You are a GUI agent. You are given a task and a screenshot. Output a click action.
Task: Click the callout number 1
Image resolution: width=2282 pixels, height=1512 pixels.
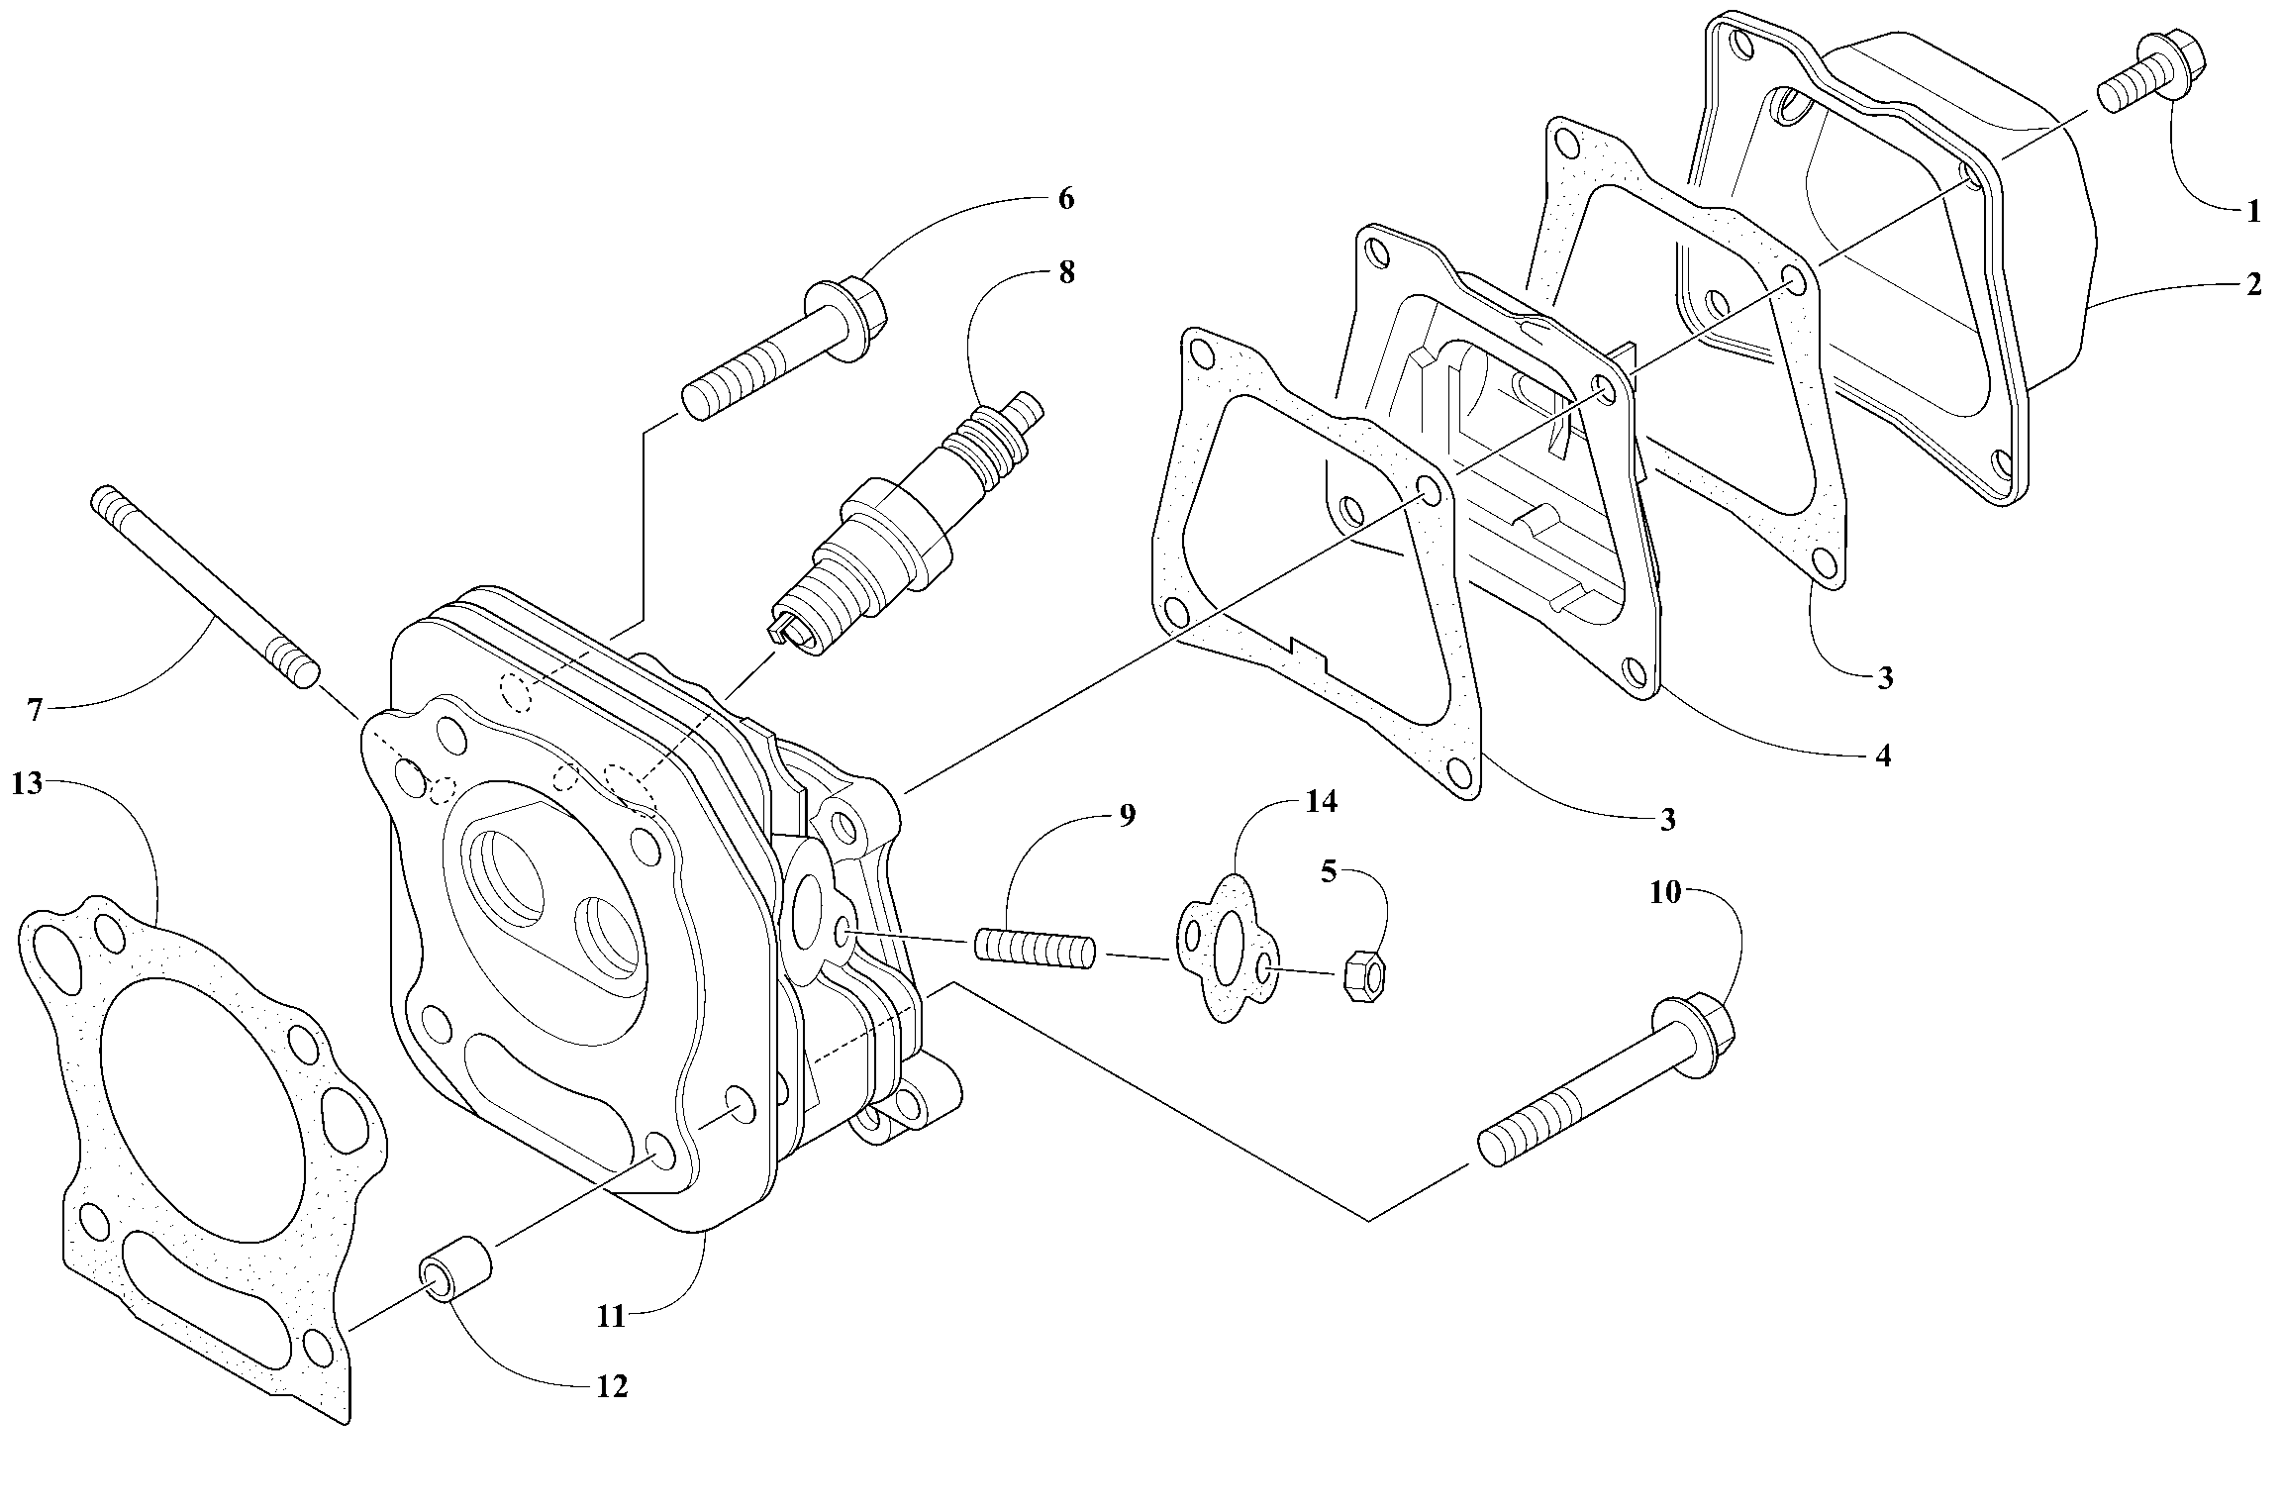pos(2252,211)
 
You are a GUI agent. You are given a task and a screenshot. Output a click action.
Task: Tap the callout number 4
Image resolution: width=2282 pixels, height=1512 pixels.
pos(1883,756)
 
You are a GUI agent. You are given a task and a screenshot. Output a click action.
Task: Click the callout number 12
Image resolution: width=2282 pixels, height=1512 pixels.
pos(612,1387)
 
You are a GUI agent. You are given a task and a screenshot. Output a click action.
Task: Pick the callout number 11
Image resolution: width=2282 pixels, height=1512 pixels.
pos(611,1316)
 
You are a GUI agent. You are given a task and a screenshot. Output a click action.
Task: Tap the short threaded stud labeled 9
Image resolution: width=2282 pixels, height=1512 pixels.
pos(1035,948)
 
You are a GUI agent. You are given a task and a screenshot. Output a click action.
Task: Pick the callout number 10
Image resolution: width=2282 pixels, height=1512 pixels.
pos(1665,893)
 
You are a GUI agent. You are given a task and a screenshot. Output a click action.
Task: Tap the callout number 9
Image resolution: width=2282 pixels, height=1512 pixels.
pos(1127,816)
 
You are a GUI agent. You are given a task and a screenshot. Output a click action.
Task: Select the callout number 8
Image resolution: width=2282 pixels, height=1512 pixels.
pos(1066,272)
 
